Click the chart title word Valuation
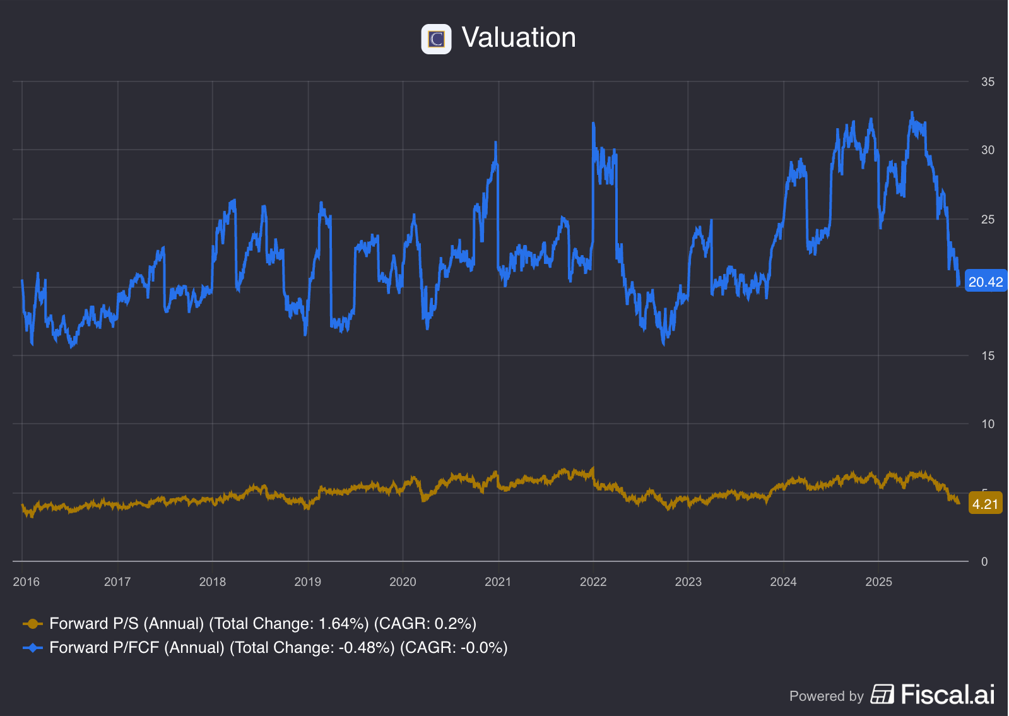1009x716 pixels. [x=518, y=38]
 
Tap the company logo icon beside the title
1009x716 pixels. [x=436, y=39]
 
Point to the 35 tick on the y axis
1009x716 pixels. [x=987, y=82]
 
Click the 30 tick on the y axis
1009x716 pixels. [x=987, y=150]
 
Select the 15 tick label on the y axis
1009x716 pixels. [x=987, y=356]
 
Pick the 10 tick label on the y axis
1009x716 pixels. [x=987, y=424]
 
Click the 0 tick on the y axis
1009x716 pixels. [x=984, y=562]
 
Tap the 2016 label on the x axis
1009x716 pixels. [x=26, y=582]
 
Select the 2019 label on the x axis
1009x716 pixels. [x=307, y=582]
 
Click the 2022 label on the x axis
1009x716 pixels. [x=593, y=582]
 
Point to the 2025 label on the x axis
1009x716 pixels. [x=878, y=582]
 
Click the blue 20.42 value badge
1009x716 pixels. [x=985, y=282]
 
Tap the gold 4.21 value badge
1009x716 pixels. [x=984, y=504]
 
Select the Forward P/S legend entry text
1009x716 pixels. [x=263, y=624]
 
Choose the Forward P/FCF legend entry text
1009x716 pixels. [x=278, y=648]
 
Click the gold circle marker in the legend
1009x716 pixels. [x=33, y=624]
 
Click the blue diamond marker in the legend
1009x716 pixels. [x=33, y=648]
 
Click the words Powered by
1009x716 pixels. [x=826, y=696]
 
